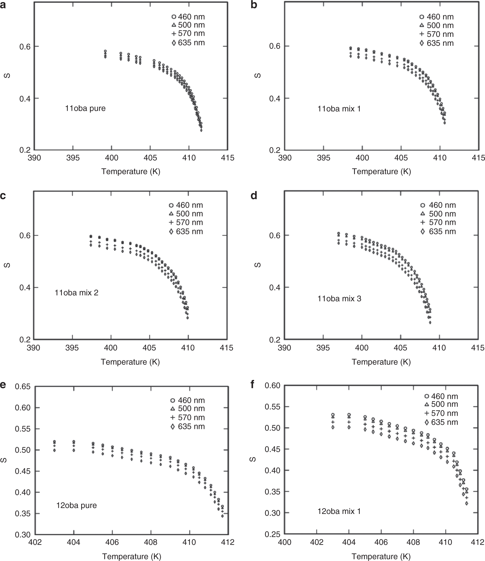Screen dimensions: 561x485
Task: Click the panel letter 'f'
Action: [x=253, y=384]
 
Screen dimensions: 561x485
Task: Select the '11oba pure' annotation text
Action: [x=85, y=108]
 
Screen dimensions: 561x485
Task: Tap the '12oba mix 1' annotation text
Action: [x=339, y=511]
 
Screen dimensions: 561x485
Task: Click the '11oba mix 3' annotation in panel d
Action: [x=339, y=299]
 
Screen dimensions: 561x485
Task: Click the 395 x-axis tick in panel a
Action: [x=73, y=158]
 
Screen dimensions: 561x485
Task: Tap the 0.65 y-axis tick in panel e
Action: [x=23, y=387]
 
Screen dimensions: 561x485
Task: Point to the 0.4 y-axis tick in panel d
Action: [x=275, y=287]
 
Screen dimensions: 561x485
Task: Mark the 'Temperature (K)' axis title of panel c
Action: [x=130, y=362]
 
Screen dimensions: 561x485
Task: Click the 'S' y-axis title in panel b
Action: [x=258, y=76]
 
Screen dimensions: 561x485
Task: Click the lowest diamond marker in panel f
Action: [x=467, y=503]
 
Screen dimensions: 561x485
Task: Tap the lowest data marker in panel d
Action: [x=430, y=322]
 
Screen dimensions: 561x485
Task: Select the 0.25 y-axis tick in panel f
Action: [x=273, y=534]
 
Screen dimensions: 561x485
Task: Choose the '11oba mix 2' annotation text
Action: [x=77, y=293]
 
